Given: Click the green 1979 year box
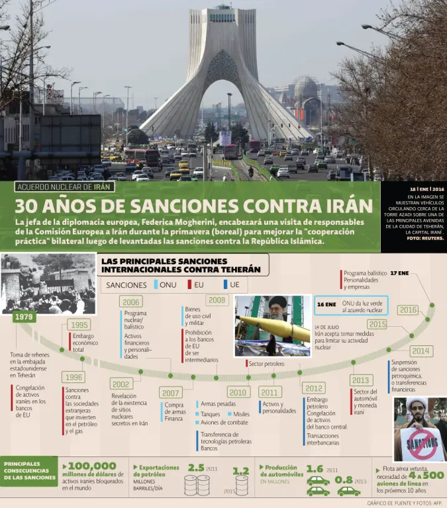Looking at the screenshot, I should click(x=24, y=317).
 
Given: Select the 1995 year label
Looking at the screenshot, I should click(x=79, y=325).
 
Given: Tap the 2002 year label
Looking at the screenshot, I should click(x=121, y=384).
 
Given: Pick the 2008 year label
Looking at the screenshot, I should click(x=217, y=300).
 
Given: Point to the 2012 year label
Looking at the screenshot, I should click(x=314, y=388).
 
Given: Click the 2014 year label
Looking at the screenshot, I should click(x=420, y=351).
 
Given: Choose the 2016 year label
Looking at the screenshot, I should click(x=408, y=310).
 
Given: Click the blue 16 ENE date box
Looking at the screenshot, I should click(x=326, y=304).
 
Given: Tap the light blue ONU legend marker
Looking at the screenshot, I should click(x=157, y=284).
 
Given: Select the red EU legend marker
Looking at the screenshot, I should click(x=190, y=284).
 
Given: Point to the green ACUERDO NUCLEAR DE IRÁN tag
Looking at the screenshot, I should click(x=64, y=187).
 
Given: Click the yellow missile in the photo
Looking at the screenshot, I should click(x=273, y=327).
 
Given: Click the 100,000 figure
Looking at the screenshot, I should click(x=91, y=466).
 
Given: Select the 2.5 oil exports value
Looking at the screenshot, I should click(x=195, y=468).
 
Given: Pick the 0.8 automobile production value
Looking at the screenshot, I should click(x=344, y=480).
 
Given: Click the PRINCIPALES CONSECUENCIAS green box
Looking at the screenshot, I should click(x=28, y=471).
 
